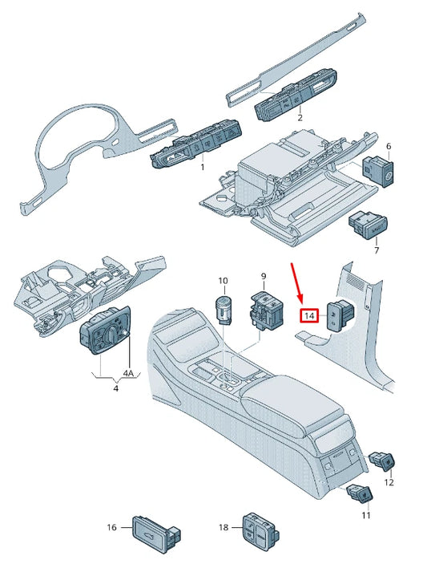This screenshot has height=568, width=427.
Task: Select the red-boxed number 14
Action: pos(308,315)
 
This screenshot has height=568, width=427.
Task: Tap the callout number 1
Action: pos(202,168)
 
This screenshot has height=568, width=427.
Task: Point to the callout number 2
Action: pos(300,117)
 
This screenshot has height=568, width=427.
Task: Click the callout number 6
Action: pos(389,147)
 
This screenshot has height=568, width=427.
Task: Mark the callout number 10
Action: pos(223,281)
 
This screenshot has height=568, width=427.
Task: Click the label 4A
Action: pos(129,374)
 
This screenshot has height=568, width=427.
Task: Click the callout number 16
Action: pos(112,527)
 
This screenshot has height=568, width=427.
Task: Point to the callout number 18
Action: pos(224,527)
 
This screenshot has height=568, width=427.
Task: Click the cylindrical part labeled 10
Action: pos(224,307)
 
